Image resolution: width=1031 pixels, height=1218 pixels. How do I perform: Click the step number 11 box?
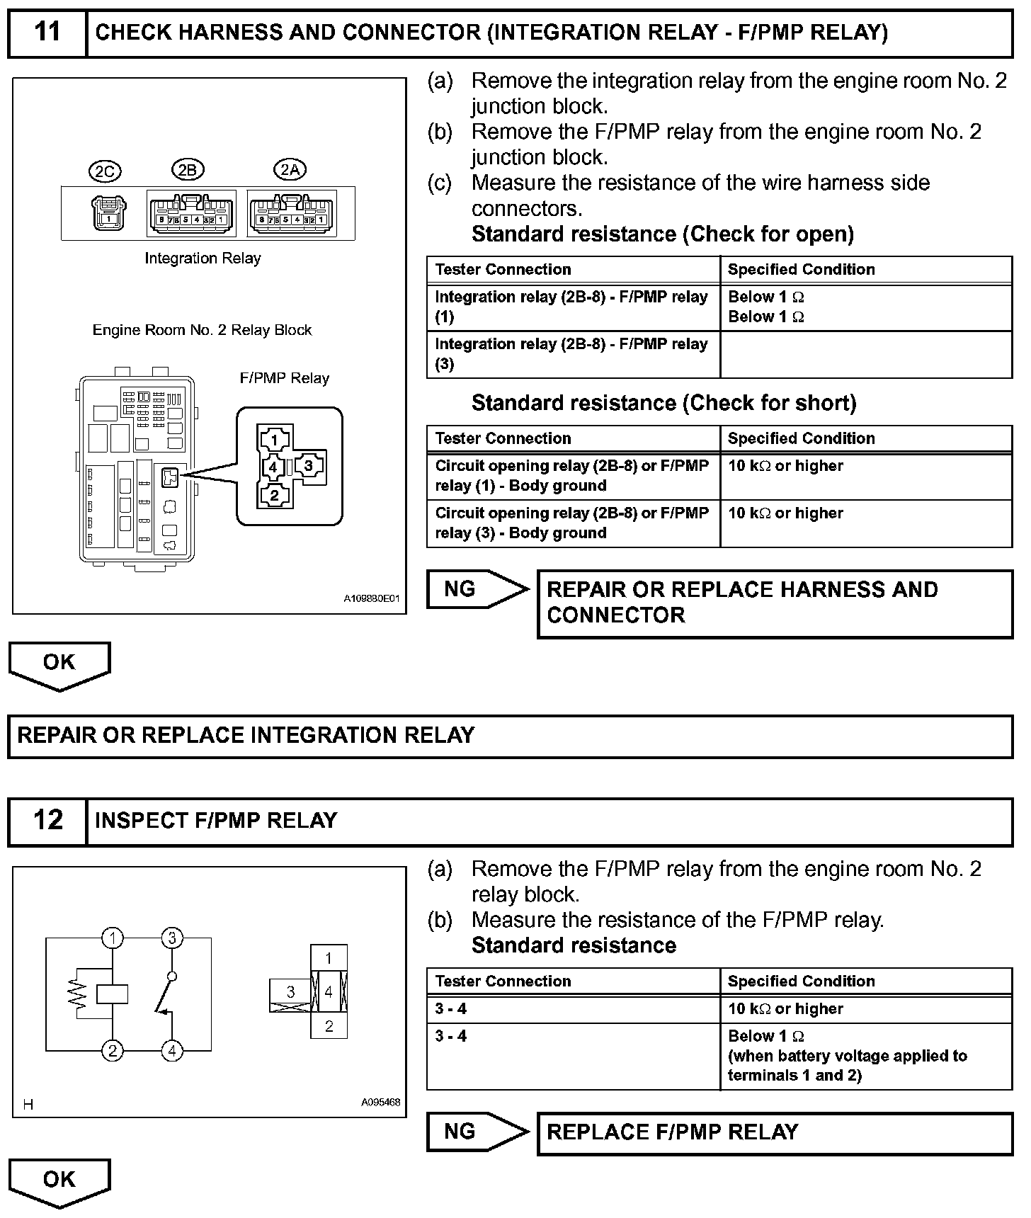click(x=47, y=33)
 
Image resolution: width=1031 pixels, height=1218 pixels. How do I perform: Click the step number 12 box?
click(x=47, y=821)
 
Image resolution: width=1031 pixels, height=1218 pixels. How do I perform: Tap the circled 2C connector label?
click(x=105, y=171)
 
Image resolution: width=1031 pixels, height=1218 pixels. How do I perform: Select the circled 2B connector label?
click(x=188, y=170)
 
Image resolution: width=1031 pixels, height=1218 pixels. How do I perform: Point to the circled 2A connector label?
click(x=290, y=170)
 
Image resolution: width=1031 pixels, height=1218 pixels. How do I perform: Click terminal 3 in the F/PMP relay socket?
click(x=309, y=466)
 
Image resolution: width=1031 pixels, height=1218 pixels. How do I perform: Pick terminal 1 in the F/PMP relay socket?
click(x=275, y=440)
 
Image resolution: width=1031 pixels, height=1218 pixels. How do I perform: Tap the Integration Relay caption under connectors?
click(x=203, y=258)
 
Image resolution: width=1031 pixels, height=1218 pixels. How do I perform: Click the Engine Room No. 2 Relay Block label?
click(x=202, y=330)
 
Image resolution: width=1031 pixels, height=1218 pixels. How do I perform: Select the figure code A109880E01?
click(x=372, y=599)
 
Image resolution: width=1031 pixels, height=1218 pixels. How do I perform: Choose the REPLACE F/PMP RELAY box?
click(x=775, y=1132)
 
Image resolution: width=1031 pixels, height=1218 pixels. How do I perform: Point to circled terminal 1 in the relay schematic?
click(x=113, y=938)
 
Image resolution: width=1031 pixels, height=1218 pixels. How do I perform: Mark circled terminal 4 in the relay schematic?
click(x=172, y=1051)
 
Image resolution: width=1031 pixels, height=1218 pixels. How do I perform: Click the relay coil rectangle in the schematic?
click(x=113, y=994)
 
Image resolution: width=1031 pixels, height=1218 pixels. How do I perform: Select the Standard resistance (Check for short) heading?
click(x=663, y=403)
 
